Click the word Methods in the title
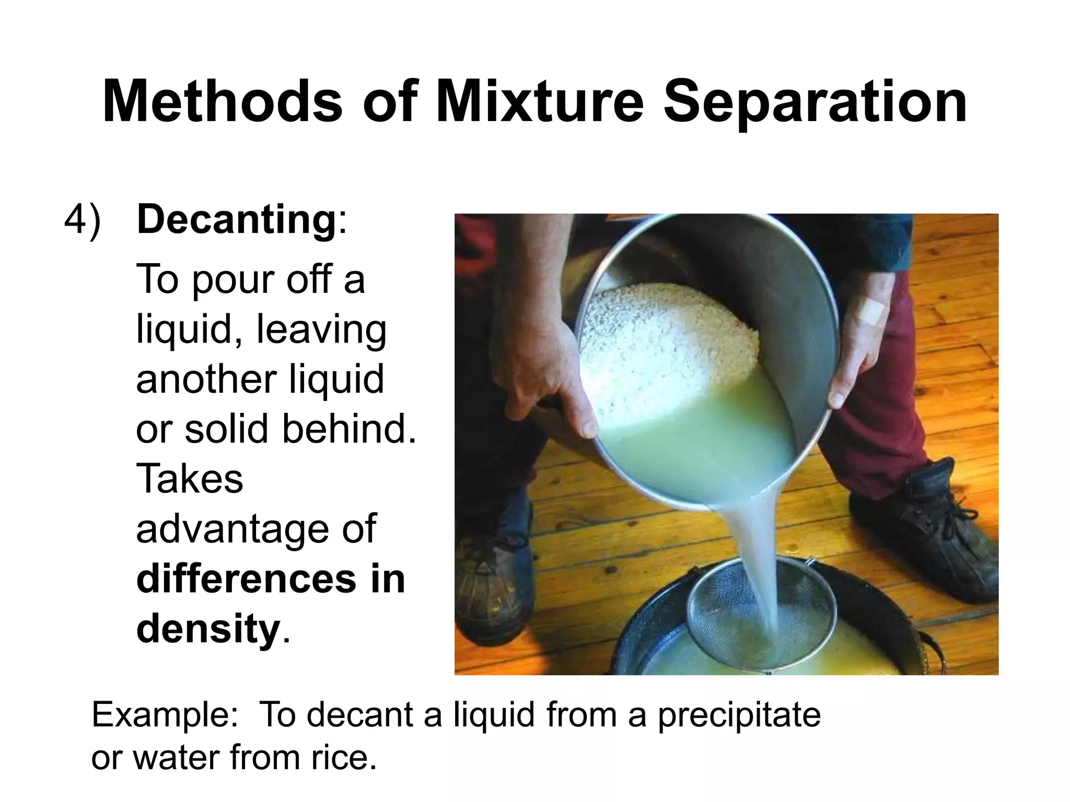click(222, 102)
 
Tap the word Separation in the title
click(815, 102)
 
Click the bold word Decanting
click(236, 220)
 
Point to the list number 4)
click(82, 220)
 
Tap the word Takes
click(190, 479)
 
